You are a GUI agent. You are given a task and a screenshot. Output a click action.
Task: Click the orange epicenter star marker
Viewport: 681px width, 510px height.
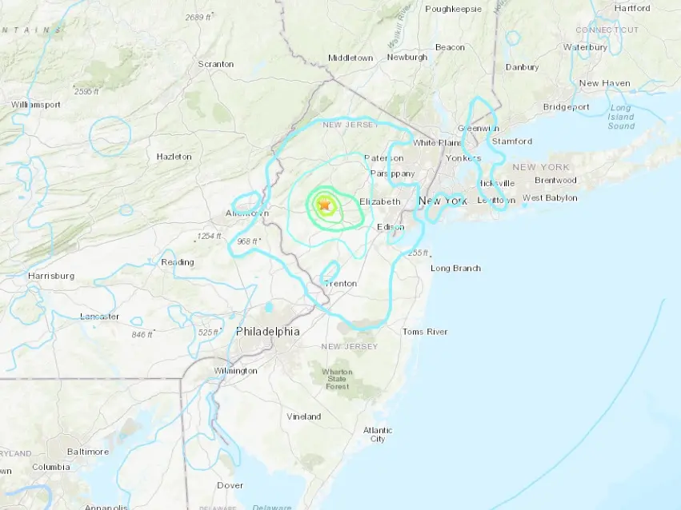coord(324,205)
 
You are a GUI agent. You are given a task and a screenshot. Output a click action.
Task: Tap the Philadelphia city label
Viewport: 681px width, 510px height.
coord(268,331)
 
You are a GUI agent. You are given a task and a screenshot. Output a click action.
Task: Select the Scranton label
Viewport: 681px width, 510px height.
coord(216,64)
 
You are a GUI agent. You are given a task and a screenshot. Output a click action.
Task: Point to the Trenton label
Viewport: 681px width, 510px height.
coord(340,283)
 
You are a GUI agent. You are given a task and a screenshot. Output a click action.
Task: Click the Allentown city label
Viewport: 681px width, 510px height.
coord(247,213)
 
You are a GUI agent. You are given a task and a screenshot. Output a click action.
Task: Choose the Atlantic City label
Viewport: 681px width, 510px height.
coord(378,434)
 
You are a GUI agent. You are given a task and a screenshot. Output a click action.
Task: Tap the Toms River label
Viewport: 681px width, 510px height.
coord(425,331)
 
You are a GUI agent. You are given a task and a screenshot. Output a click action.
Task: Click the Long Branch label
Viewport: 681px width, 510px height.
coord(455,268)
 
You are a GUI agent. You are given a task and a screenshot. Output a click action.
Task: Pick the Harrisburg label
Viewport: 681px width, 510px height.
coord(51,276)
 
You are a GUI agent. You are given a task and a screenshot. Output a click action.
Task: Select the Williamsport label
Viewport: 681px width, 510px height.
coord(36,104)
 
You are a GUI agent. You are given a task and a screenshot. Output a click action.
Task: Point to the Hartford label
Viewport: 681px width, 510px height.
coord(632,8)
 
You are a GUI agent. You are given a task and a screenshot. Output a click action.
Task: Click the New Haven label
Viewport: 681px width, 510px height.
coord(604,83)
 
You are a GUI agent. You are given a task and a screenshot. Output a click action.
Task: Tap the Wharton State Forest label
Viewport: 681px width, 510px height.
coord(337,379)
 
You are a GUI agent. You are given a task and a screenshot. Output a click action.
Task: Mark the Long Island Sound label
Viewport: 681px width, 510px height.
coord(621,117)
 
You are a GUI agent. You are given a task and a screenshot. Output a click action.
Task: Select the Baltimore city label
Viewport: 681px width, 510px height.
coord(87,452)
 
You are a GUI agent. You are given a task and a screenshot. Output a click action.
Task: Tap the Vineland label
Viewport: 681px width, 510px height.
coord(304,416)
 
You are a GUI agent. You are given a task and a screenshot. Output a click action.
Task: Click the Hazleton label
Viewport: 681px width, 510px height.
coord(174,157)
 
